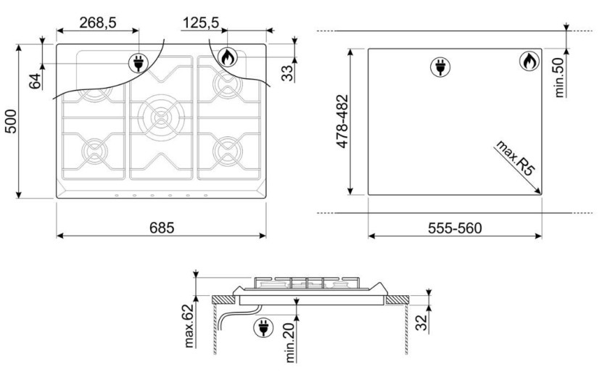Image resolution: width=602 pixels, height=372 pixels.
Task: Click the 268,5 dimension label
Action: tap(97, 22)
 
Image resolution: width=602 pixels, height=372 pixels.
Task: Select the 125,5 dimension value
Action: tap(200, 22)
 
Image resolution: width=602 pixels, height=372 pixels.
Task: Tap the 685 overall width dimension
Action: tap(162, 228)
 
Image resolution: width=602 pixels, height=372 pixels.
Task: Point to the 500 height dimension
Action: tap(11, 121)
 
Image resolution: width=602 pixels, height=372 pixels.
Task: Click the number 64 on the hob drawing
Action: tap(35, 80)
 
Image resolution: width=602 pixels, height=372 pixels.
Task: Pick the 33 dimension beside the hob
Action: tap(287, 73)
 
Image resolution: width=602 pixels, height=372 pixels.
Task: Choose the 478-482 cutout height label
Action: tap(342, 121)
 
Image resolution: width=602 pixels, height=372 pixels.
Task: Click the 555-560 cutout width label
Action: tap(455, 228)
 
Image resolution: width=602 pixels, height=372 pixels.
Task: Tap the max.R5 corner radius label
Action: tap(515, 158)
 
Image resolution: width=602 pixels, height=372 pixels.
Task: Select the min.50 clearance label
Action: tap(559, 78)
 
